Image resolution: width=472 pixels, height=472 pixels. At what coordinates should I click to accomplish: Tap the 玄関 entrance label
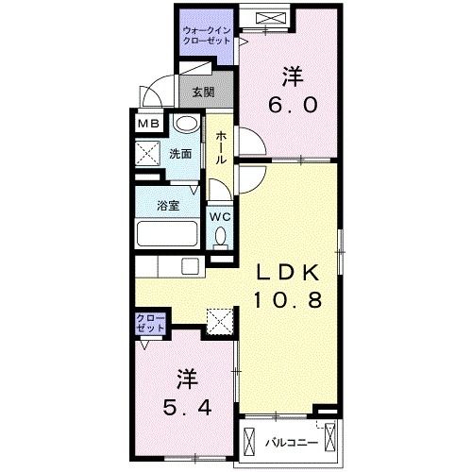click(203, 93)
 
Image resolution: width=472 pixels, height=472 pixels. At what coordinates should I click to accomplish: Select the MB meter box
click(148, 124)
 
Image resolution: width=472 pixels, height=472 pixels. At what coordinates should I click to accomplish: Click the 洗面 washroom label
click(180, 154)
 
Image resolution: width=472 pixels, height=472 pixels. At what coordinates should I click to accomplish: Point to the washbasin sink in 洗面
click(188, 124)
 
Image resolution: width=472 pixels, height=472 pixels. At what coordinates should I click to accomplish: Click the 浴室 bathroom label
click(168, 206)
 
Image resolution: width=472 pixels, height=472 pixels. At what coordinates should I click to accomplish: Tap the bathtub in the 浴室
click(167, 234)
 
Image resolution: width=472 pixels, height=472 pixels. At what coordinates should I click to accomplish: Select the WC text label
click(220, 217)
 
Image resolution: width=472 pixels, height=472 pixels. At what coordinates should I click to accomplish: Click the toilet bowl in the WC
click(220, 236)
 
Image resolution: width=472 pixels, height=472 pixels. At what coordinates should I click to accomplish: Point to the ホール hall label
click(221, 147)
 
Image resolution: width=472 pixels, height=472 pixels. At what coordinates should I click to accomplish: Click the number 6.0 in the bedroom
click(293, 105)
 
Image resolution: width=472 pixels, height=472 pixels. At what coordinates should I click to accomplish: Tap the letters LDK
click(288, 273)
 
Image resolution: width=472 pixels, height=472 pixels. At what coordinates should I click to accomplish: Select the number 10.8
click(288, 299)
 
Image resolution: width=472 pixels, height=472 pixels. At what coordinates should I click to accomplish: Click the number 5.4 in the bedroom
click(187, 408)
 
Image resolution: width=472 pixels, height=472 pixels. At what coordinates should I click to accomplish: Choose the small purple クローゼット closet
click(150, 323)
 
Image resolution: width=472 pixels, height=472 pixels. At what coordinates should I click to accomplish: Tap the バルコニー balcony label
click(292, 443)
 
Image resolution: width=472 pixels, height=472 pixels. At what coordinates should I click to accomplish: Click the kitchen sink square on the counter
click(190, 267)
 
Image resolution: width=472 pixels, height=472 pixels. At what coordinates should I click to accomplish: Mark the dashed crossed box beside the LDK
click(220, 321)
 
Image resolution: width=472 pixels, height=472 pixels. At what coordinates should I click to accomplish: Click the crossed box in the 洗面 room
click(148, 153)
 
